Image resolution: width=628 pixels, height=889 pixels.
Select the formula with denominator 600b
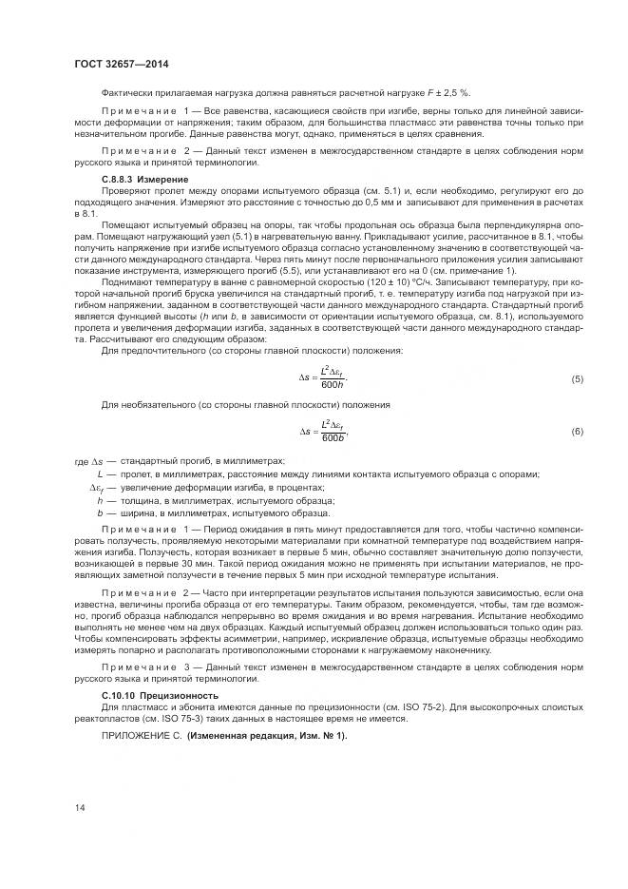pos(324,432)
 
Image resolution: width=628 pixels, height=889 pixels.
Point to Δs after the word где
pos(96,460)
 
